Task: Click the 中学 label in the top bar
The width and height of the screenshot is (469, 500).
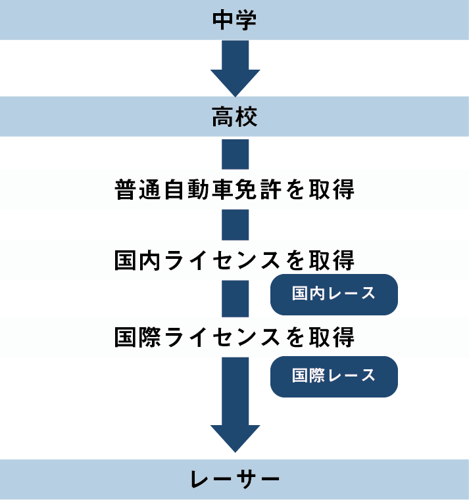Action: [234, 20]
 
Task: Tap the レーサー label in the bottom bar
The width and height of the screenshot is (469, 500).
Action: [235, 479]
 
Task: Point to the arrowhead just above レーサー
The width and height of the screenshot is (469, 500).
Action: [235, 436]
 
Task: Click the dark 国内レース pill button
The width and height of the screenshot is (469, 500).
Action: [334, 294]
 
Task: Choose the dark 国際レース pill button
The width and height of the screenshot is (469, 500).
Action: [334, 376]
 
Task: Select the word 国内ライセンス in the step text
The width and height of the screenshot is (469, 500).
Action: [197, 261]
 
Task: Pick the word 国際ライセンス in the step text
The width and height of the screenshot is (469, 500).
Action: [197, 337]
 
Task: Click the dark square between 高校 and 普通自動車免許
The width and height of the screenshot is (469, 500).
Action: [235, 154]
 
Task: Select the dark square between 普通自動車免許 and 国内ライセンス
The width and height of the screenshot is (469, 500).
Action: [235, 225]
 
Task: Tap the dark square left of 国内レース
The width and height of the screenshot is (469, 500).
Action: [235, 298]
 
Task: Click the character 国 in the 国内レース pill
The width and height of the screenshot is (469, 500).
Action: [301, 294]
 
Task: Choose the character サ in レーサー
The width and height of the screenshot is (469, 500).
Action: [247, 479]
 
